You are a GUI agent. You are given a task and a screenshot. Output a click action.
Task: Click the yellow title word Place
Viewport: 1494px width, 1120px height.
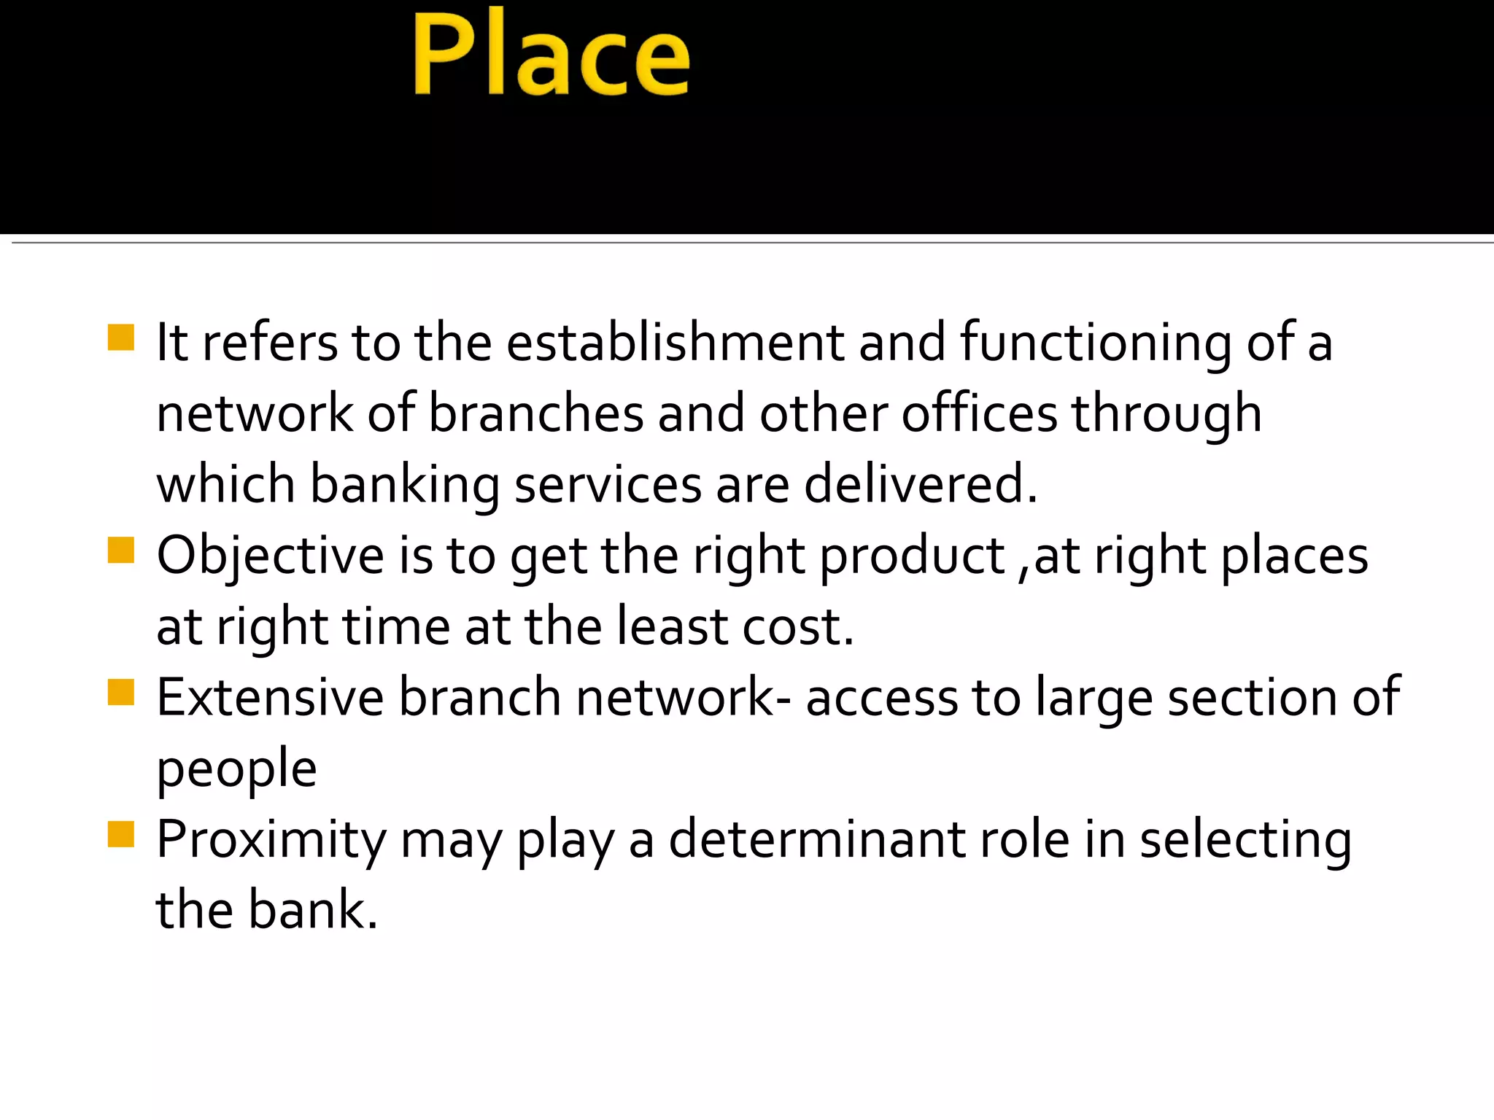[x=551, y=55]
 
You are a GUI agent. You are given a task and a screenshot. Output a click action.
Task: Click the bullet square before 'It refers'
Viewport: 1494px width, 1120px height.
[x=121, y=338]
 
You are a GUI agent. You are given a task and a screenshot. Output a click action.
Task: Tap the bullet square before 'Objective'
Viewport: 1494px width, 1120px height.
[x=121, y=551]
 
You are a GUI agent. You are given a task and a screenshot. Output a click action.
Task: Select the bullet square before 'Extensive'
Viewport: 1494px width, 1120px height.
[x=121, y=693]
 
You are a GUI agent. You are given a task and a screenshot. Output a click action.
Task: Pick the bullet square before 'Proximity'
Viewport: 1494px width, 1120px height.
[x=121, y=834]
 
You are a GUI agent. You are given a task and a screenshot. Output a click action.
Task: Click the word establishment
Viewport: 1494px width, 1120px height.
[x=675, y=342]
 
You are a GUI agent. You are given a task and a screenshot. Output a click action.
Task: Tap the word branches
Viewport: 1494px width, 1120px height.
[x=535, y=413]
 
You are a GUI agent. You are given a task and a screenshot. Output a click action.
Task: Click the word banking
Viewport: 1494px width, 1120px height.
[x=405, y=484]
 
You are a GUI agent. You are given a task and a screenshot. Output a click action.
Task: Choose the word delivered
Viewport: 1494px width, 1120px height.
[x=921, y=484]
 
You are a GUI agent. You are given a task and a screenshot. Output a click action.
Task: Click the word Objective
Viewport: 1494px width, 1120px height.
[x=271, y=556]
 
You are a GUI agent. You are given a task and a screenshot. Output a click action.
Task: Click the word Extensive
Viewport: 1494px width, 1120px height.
[x=270, y=697]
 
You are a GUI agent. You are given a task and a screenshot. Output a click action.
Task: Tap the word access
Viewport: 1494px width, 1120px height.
[x=881, y=697]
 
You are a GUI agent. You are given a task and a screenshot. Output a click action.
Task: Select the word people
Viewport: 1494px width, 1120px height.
[x=237, y=769]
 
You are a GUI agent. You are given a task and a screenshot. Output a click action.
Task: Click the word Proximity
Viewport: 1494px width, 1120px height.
[x=271, y=839]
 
